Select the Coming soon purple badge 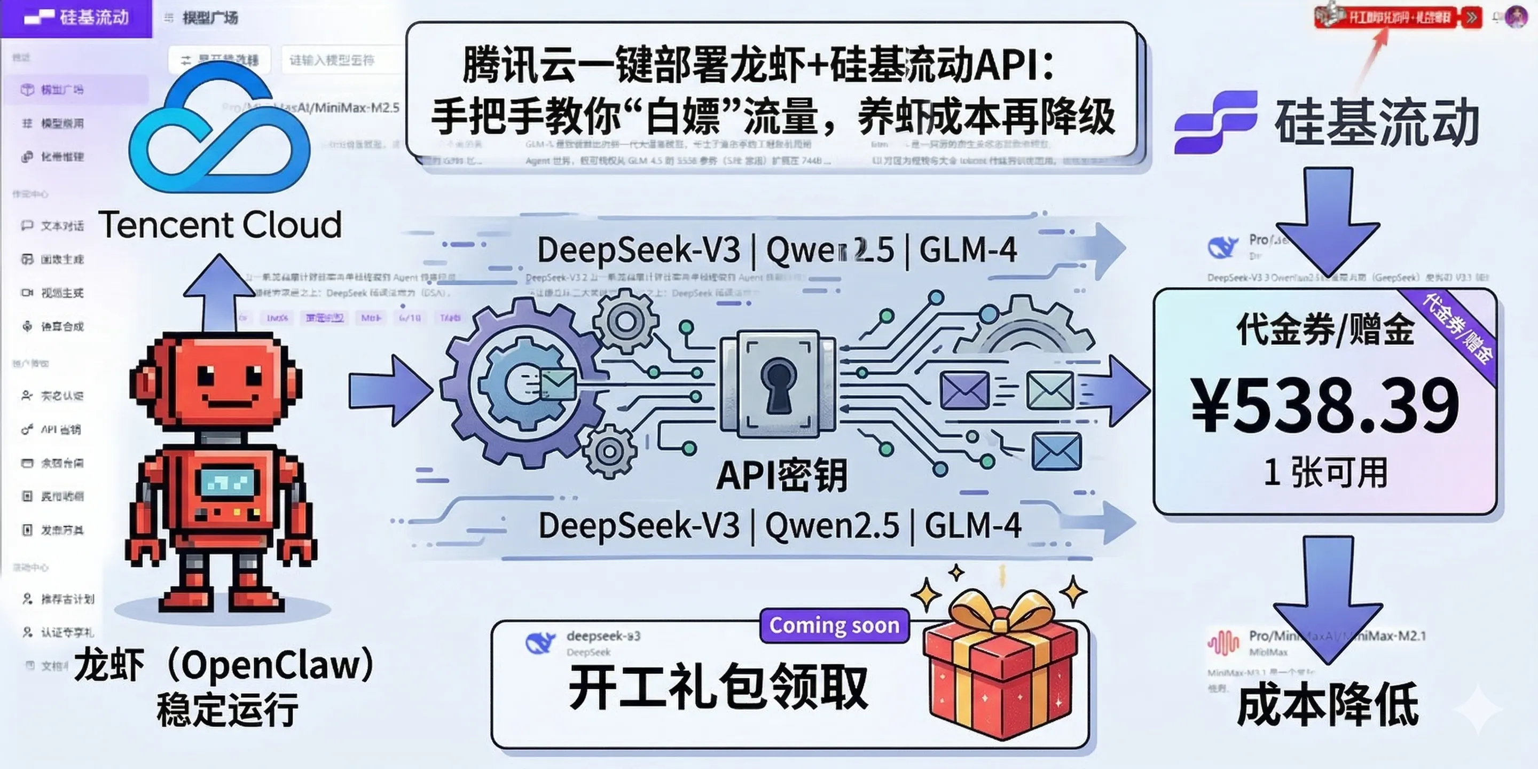[834, 625]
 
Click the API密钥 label [781, 476]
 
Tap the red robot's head [216, 382]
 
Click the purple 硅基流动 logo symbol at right [1215, 122]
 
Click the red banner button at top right [1397, 17]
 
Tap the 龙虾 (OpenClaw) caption [224, 665]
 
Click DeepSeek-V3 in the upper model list [638, 250]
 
